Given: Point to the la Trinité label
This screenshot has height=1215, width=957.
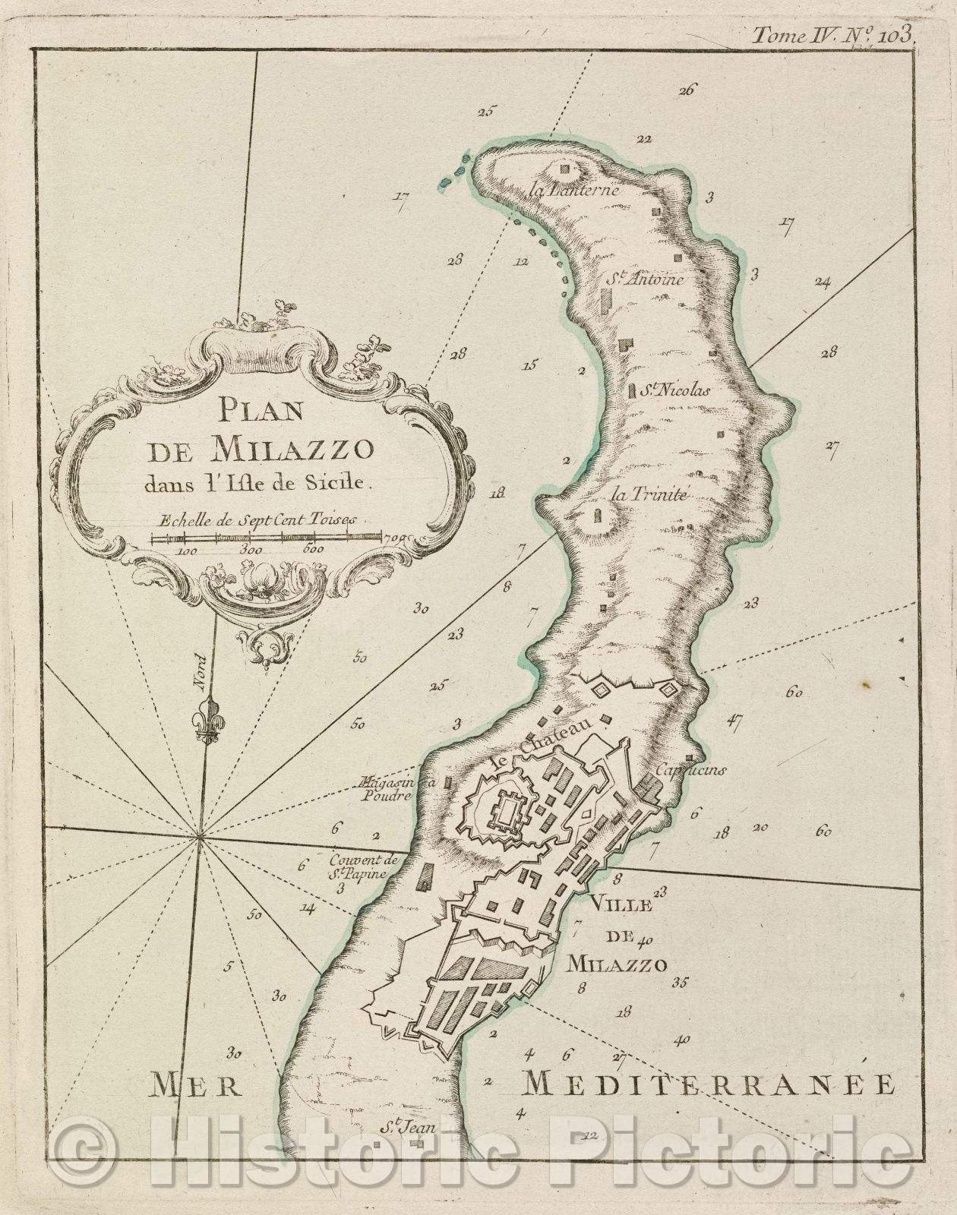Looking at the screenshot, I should (x=649, y=495).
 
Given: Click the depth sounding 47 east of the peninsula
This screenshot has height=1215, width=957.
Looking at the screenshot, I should (x=733, y=721).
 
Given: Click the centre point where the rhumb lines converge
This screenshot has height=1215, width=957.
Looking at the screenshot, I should (x=199, y=838).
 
